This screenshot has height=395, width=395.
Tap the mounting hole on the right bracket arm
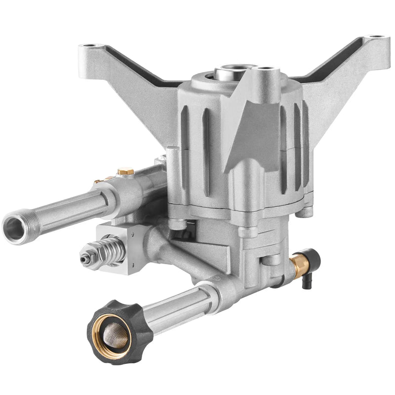pos(376,38)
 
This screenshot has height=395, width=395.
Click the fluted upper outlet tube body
pos(74,206)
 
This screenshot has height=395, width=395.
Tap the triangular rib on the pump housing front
pos(252,128)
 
